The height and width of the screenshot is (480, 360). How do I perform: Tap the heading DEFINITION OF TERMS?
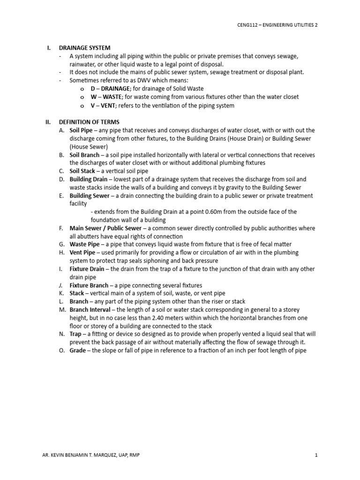89,122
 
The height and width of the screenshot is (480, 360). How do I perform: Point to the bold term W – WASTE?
106,97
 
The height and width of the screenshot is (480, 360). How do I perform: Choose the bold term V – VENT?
103,105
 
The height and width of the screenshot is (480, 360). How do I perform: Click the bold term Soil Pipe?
82,130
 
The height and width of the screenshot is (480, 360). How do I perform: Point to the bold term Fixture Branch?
89,285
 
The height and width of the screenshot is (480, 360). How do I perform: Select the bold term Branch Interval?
90,310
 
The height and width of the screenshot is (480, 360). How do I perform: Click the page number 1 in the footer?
317,455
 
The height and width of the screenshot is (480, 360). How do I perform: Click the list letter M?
62,310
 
